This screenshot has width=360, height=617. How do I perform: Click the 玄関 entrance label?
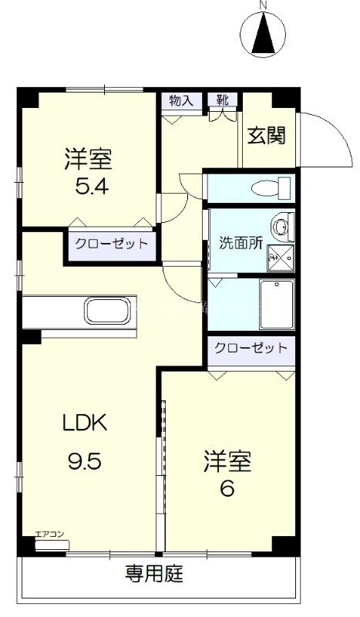(x=266, y=137)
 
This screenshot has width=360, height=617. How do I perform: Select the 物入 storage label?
(x=180, y=100)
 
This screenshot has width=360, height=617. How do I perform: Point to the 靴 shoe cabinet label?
(x=223, y=100)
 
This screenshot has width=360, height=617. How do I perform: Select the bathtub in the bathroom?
(x=275, y=304)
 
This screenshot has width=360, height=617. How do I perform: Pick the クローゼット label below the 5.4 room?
(x=110, y=244)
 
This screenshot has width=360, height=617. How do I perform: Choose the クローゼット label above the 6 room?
(x=251, y=348)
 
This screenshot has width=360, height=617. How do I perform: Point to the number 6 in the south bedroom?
(x=227, y=488)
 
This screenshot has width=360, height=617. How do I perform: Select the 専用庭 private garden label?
(x=155, y=574)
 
